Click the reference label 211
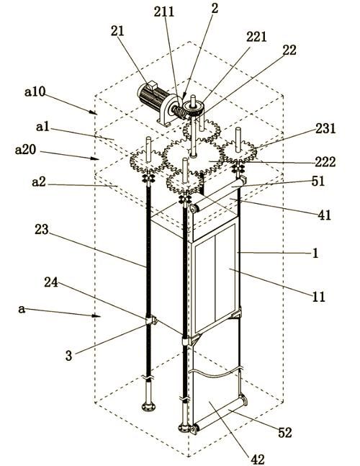coord(163,12)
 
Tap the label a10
coord(35,92)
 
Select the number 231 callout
coord(325,128)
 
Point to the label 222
coord(325,162)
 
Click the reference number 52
coord(285,433)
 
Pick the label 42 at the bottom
coord(258,460)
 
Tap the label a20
coord(25,150)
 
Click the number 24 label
coord(51,282)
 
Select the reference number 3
coord(68,356)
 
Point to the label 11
coord(318,297)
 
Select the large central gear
coord(193,156)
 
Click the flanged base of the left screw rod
coord(148,406)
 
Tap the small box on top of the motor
coord(152,85)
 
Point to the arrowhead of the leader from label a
coord(96,315)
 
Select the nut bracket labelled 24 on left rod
coord(150,320)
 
